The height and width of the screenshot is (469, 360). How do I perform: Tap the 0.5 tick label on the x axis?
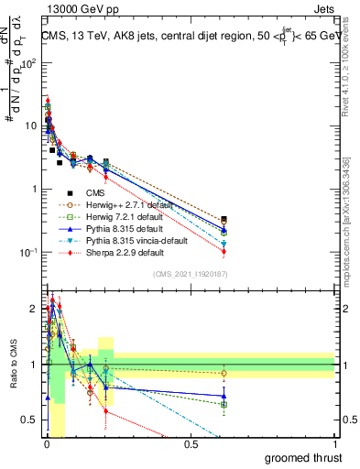click(x=191, y=444)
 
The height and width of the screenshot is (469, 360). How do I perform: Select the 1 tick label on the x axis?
click(x=334, y=444)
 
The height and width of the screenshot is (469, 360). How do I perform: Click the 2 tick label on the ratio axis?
click(x=34, y=308)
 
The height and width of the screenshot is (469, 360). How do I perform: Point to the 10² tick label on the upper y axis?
click(x=27, y=64)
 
